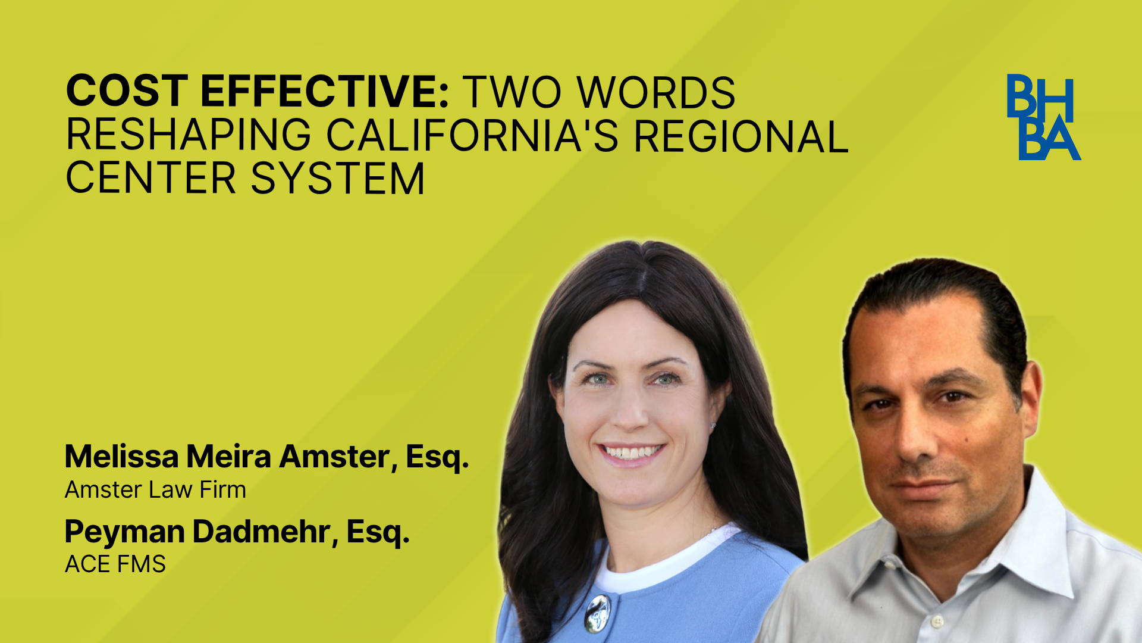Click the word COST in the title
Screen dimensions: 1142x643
click(127, 92)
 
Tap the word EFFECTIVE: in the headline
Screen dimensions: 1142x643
click(325, 92)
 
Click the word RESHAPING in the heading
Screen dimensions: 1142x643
click(189, 135)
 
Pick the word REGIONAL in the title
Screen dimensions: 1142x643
click(741, 136)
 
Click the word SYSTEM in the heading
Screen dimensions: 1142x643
click(338, 178)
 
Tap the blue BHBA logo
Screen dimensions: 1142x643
click(1043, 117)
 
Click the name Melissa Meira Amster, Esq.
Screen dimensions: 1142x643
click(267, 457)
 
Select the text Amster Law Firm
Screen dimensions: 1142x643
click(155, 490)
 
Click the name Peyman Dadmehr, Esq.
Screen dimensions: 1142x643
click(237, 532)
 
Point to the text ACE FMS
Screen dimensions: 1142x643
click(115, 564)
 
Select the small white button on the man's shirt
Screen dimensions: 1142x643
click(937, 622)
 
